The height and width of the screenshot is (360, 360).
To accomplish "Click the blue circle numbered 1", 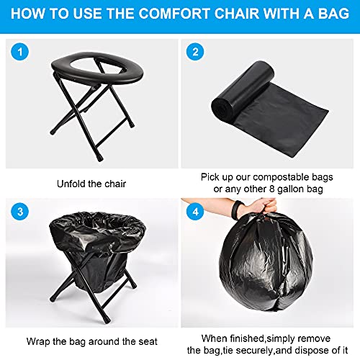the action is pyautogui.click(x=20, y=52).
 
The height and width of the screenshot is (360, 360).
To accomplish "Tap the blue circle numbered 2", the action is pyautogui.click(x=195, y=52).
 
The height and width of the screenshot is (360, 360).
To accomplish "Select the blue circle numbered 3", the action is pyautogui.click(x=20, y=212).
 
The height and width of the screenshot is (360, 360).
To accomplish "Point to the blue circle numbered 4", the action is pyautogui.click(x=195, y=212).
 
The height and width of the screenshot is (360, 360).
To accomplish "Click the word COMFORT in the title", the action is pyautogui.click(x=174, y=14).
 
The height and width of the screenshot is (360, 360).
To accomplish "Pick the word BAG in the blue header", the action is pyautogui.click(x=333, y=14).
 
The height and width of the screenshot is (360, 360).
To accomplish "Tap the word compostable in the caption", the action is pyautogui.click(x=281, y=177).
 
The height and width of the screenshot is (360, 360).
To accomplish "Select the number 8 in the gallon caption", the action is pyautogui.click(x=271, y=189).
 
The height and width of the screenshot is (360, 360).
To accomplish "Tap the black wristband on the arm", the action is pyautogui.click(x=236, y=208).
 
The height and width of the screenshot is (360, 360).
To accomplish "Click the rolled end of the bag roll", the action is pyautogui.click(x=222, y=108).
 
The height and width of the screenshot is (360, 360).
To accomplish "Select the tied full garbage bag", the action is pyautogui.click(x=266, y=261).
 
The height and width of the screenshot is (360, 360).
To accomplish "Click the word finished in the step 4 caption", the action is pyautogui.click(x=247, y=338).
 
